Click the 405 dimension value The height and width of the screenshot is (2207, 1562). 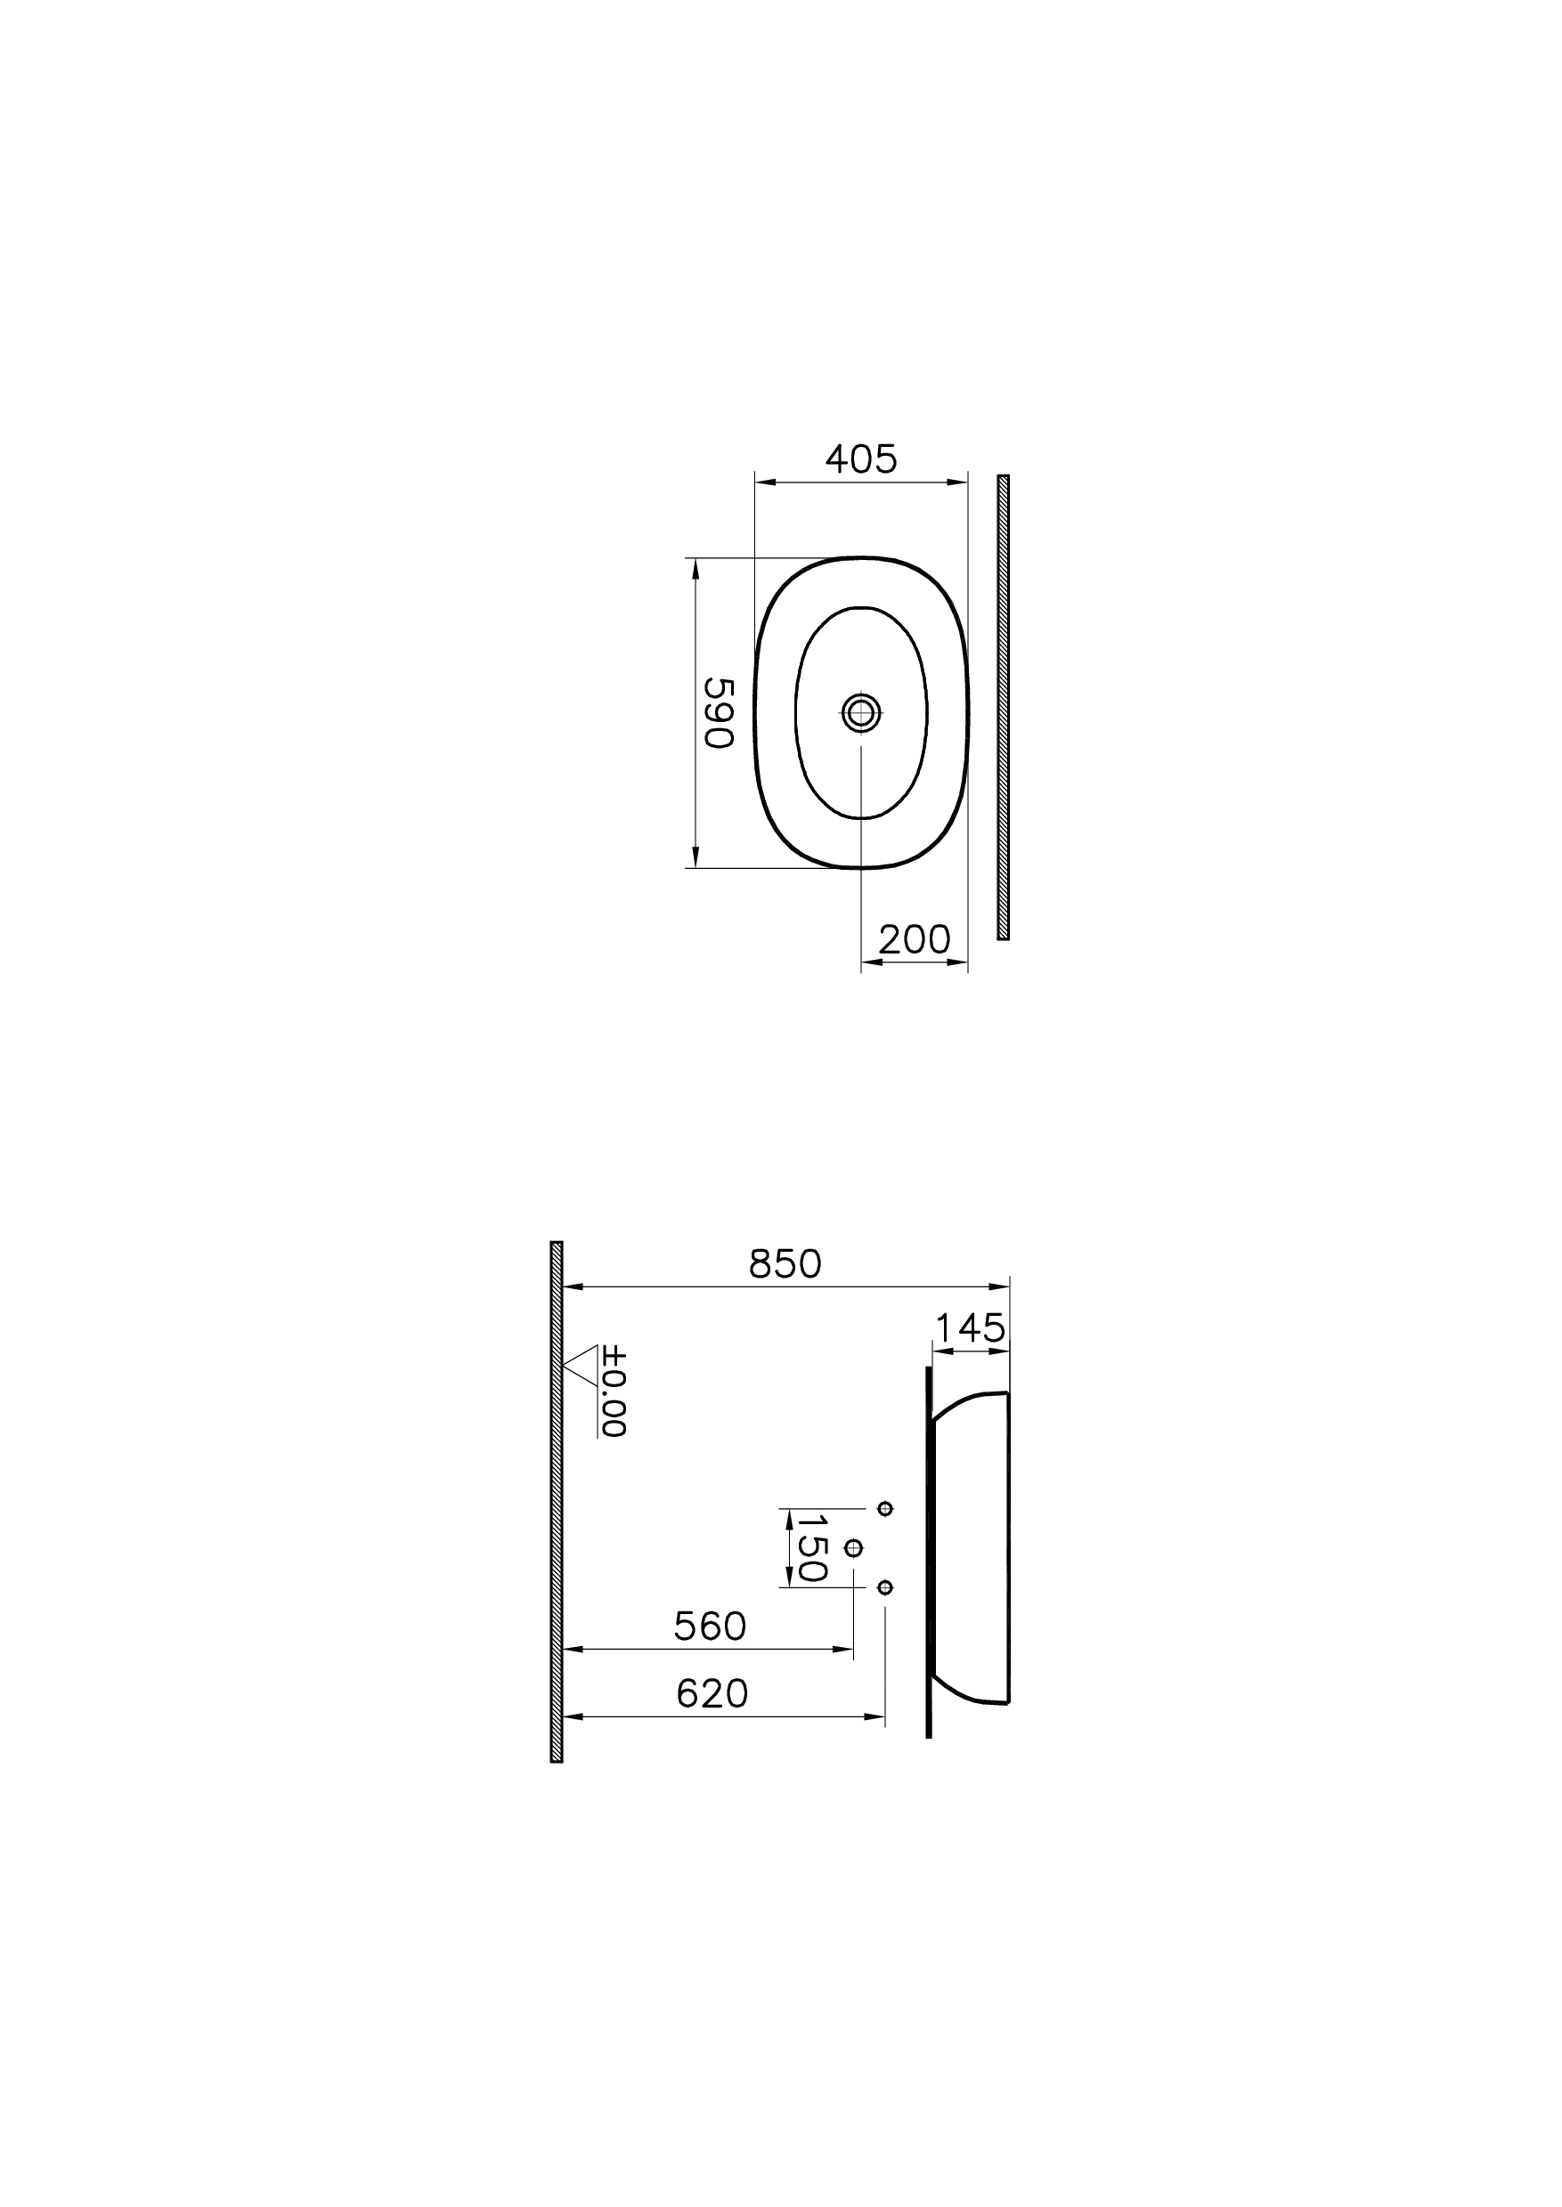861,459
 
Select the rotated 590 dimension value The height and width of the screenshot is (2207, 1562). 719,712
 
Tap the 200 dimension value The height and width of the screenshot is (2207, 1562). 914,938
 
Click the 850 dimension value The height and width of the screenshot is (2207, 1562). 785,1264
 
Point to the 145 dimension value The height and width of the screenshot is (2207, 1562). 970,1329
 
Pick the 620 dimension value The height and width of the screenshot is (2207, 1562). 712,1693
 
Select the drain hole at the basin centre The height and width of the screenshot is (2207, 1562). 861,712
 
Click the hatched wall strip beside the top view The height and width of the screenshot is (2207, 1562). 1003,707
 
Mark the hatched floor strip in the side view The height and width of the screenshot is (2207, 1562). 556,1501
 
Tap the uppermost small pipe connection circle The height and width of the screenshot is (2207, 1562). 886,1508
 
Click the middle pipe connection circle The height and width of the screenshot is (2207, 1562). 853,1547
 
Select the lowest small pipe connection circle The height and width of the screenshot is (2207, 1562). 886,1586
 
